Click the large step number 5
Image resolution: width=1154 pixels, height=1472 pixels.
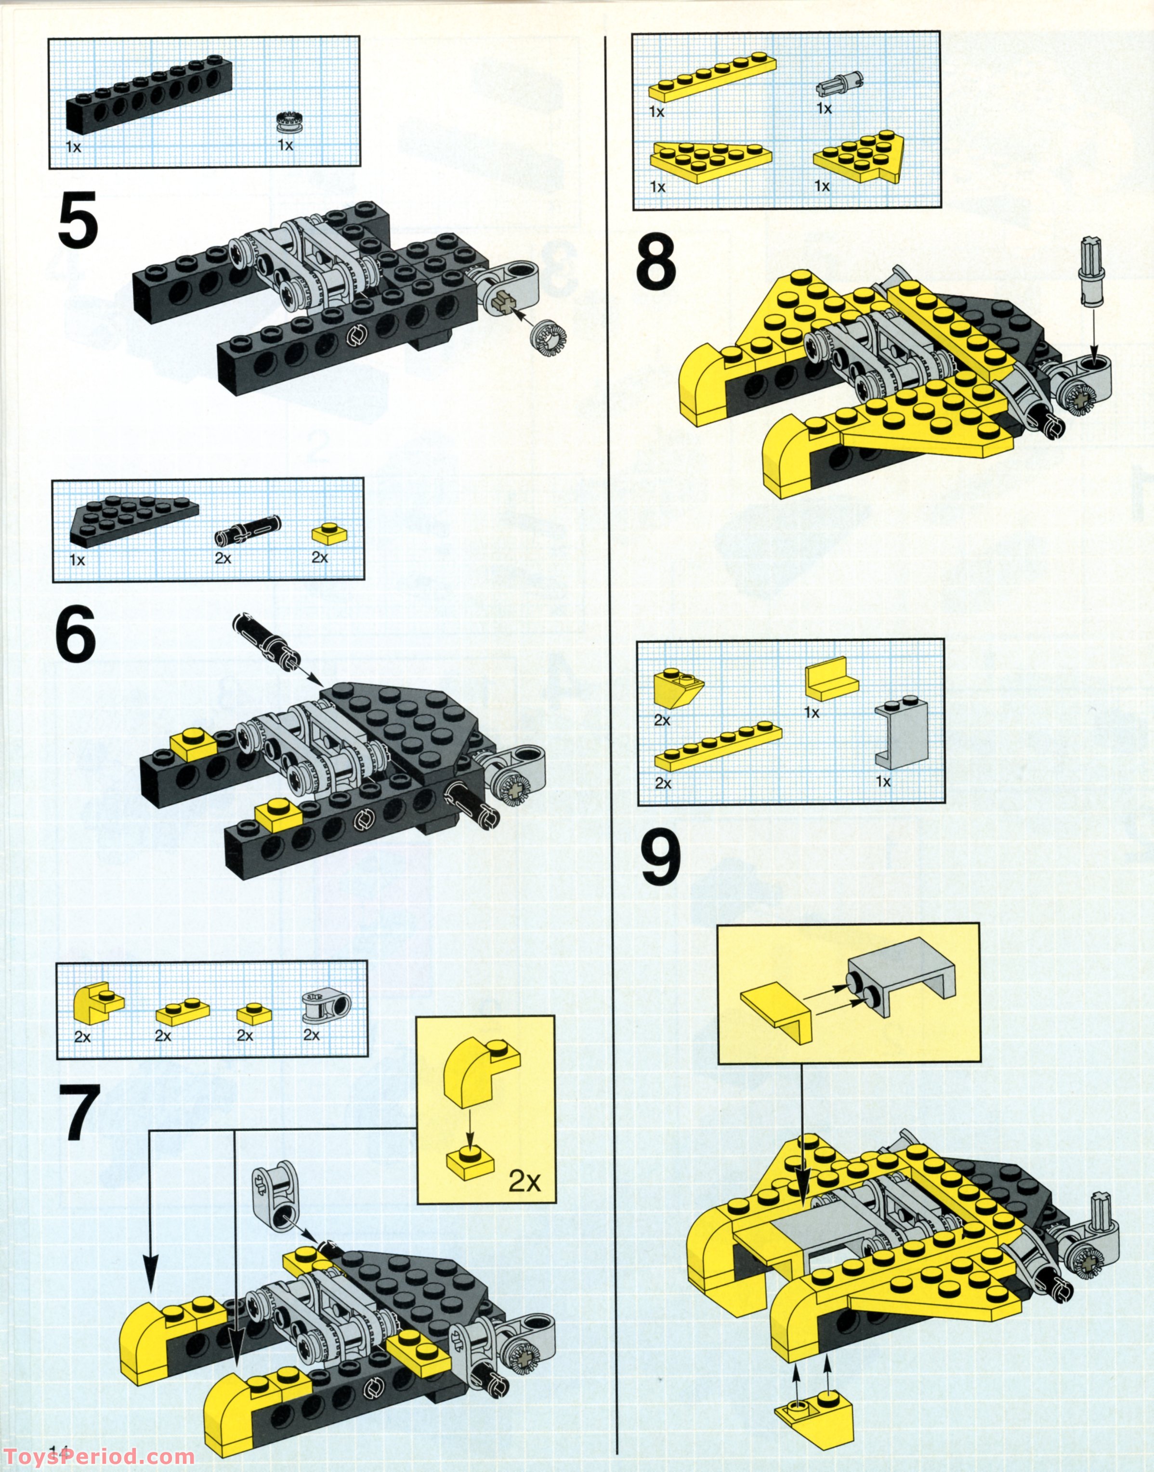coord(78,220)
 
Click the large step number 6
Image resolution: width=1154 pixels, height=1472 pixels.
coord(76,638)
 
